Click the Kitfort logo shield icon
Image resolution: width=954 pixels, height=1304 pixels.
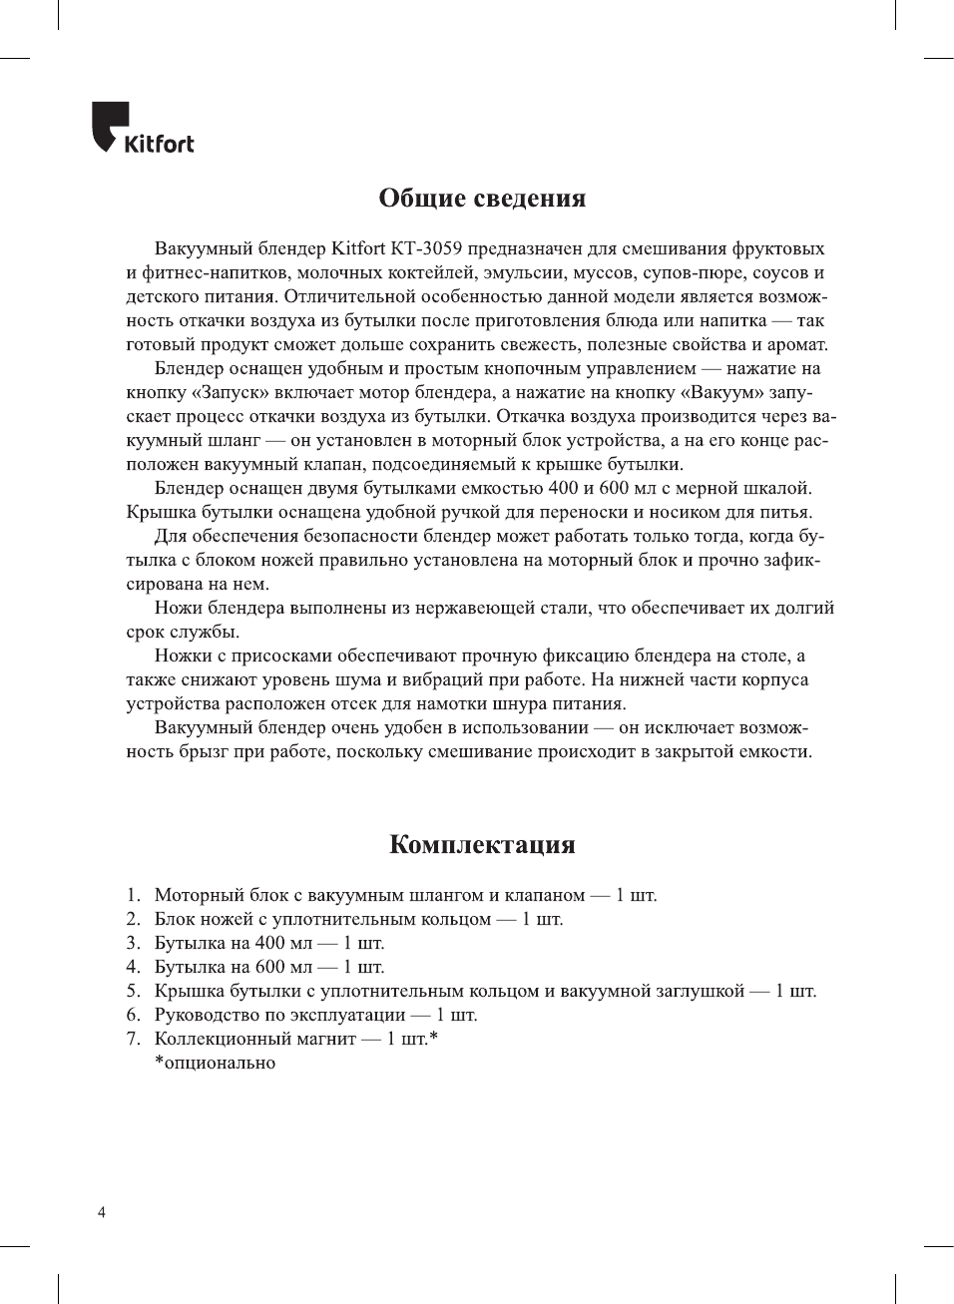point(109,126)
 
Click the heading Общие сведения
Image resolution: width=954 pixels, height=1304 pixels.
point(482,199)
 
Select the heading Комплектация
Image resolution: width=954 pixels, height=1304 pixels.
point(482,844)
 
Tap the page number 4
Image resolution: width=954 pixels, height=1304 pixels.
point(101,1212)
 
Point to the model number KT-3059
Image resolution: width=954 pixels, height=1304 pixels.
point(425,248)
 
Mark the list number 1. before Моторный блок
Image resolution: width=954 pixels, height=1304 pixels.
point(134,895)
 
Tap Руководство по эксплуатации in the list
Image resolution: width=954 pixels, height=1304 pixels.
point(279,1015)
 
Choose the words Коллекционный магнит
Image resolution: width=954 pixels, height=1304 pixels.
point(254,1039)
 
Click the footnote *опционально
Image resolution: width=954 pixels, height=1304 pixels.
point(215,1063)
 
